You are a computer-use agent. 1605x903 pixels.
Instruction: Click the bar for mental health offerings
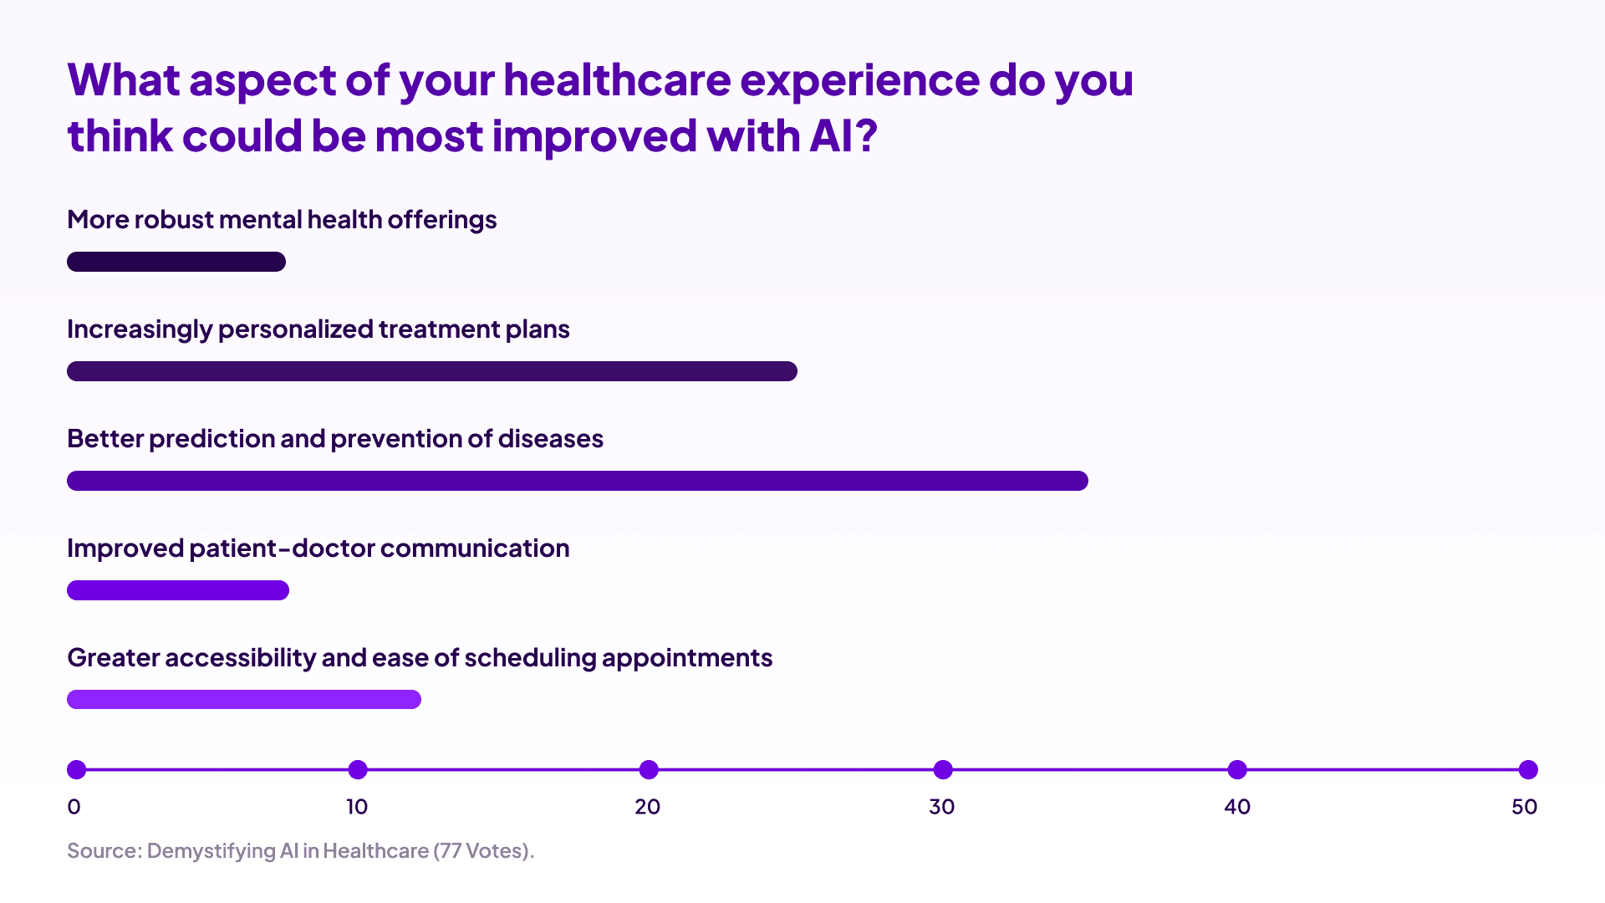point(176,262)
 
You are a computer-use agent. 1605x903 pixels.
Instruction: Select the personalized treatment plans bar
point(432,371)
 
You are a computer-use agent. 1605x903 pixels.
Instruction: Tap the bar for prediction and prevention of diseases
point(578,481)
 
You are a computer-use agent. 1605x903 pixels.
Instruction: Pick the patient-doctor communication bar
point(178,590)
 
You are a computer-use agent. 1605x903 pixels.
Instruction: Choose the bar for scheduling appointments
point(244,699)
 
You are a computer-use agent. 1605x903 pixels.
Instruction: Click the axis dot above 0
point(77,769)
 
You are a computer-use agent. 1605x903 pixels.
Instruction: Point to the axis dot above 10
point(358,769)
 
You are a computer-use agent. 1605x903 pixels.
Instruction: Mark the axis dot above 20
point(649,769)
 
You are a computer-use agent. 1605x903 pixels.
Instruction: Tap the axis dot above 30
point(943,769)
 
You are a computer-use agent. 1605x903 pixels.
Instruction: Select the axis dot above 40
point(1237,769)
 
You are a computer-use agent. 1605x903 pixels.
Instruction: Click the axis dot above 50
point(1528,769)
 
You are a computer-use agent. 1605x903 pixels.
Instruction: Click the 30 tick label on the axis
point(942,807)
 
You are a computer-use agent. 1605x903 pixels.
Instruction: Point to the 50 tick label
point(1525,807)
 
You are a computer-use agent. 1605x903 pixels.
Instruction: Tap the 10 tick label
point(357,807)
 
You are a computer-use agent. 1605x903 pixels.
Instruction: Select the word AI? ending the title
point(843,136)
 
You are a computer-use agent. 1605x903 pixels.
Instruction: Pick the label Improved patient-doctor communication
point(318,548)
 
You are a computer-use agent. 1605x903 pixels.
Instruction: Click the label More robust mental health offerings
point(282,220)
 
